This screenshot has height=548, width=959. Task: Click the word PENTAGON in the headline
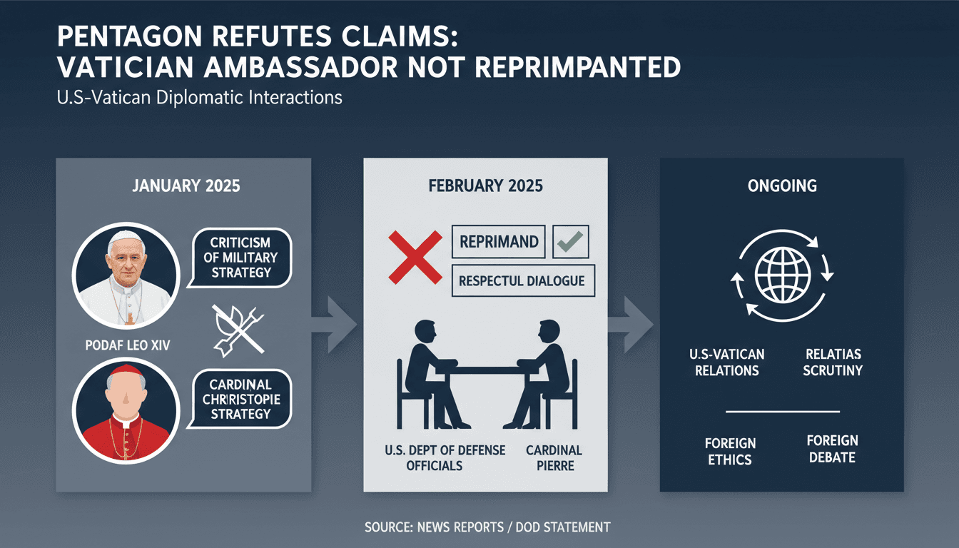pyautogui.click(x=130, y=36)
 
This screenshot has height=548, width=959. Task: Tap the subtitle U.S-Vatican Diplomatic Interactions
pyautogui.click(x=200, y=98)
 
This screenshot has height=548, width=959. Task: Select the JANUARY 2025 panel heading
pyautogui.click(x=186, y=186)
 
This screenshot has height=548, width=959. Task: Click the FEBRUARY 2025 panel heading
pyautogui.click(x=485, y=186)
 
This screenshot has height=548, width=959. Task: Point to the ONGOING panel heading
pyautogui.click(x=782, y=186)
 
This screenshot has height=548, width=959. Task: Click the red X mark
pyautogui.click(x=415, y=258)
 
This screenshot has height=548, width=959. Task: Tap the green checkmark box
pyautogui.click(x=571, y=241)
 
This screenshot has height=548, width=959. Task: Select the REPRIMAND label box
pyautogui.click(x=499, y=241)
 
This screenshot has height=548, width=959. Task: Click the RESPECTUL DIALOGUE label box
pyautogui.click(x=523, y=281)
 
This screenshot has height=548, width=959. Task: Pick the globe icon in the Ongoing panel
pyautogui.click(x=783, y=275)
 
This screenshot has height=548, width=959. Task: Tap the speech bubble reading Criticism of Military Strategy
pyautogui.click(x=240, y=258)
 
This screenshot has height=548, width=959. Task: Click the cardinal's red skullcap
pyautogui.click(x=126, y=370)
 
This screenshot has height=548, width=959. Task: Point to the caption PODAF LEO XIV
pyautogui.click(x=128, y=345)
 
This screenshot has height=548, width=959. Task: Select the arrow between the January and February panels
pyautogui.click(x=335, y=325)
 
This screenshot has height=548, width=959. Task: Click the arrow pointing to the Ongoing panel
pyautogui.click(x=631, y=325)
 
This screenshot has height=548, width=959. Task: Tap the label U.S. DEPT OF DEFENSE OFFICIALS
pyautogui.click(x=445, y=457)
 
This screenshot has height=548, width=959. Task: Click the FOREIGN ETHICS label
pyautogui.click(x=730, y=451)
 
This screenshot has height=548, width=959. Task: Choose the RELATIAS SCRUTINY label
pyautogui.click(x=833, y=362)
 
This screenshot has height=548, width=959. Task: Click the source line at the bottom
pyautogui.click(x=487, y=527)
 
